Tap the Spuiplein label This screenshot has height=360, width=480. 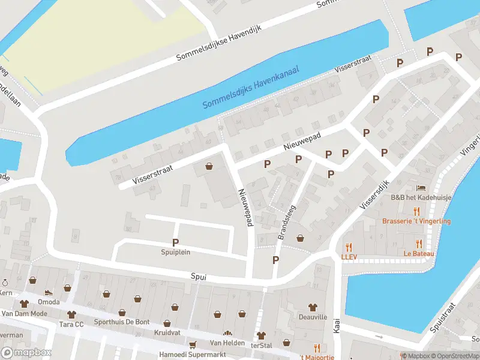click(176, 252)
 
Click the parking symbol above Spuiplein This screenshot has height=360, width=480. click(176, 242)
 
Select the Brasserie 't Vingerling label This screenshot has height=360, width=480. click(416, 221)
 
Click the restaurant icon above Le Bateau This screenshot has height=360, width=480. click(419, 244)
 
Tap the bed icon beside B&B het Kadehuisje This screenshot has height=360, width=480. click(421, 188)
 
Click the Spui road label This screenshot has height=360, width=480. click(198, 277)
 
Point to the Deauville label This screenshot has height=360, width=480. click(313, 316)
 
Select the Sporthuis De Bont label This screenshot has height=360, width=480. click(121, 322)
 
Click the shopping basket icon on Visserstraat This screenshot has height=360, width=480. click(209, 166)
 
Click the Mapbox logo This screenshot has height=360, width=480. click(26, 353)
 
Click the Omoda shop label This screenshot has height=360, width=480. click(48, 302)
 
